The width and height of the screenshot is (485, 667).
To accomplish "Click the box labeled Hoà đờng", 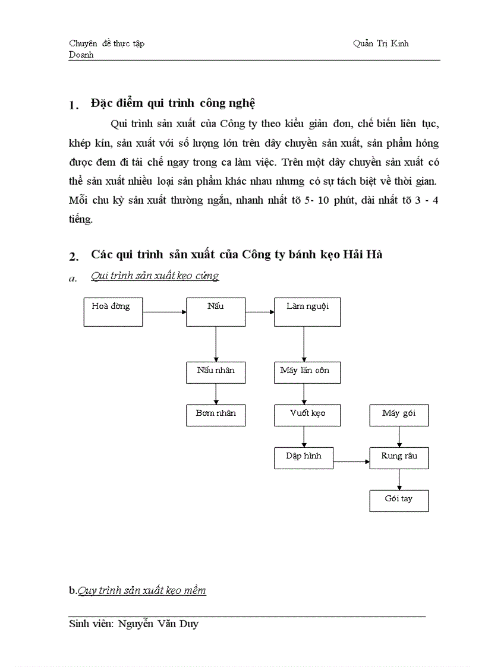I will (113, 311).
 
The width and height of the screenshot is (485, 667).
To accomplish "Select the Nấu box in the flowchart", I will (216, 311).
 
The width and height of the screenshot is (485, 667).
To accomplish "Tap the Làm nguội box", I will (307, 311).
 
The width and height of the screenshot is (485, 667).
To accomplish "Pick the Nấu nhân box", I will (216, 372).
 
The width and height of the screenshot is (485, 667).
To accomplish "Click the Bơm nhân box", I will (216, 415).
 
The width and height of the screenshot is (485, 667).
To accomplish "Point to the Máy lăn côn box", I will (307, 372).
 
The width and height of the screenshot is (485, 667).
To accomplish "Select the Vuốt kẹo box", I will (307, 415).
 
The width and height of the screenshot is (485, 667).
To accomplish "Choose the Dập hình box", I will (304, 458).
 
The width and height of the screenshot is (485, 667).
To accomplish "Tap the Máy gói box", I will (399, 415).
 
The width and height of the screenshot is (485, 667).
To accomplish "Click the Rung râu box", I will (399, 458).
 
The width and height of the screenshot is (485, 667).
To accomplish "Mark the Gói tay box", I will (399, 501).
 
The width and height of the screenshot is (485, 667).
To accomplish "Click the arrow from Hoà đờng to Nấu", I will (165, 311).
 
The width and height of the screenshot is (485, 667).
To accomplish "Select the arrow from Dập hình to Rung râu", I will (351, 461).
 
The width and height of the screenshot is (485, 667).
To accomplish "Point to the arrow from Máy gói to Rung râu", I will (399, 437).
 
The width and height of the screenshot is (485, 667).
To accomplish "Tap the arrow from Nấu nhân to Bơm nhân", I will (216, 394).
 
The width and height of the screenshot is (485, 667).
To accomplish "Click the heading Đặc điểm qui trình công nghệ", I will (173, 103).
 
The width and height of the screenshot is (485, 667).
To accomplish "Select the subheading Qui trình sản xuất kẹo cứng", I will (155, 276).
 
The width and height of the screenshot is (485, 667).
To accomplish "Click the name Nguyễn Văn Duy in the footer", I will (158, 624).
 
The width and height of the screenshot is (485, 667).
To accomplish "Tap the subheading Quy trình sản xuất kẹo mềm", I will (142, 590).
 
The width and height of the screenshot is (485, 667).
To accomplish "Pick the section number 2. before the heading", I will (74, 257).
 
